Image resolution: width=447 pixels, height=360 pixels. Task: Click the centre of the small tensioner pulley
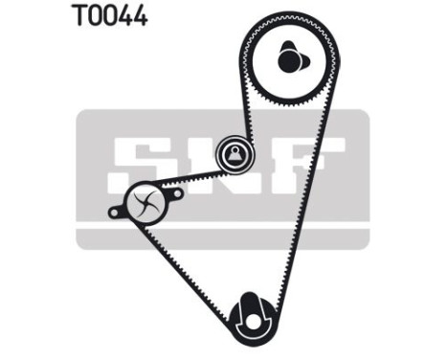click(233, 152)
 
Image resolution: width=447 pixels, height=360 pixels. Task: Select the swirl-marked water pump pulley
click(145, 202)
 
